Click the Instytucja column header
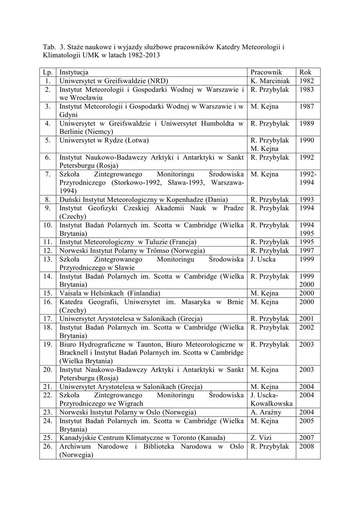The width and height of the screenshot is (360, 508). [x=74, y=72]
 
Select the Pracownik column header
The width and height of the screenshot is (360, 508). [x=266, y=72]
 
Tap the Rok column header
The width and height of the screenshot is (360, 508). [x=305, y=72]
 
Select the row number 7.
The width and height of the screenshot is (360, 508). [x=48, y=174]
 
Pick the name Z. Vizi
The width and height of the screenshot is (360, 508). [x=261, y=438]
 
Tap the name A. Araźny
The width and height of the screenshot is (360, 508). [x=267, y=412]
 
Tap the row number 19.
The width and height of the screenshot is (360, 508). [x=48, y=344]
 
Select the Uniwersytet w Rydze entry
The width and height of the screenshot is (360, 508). [x=104, y=140]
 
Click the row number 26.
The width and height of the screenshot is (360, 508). [x=48, y=446]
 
